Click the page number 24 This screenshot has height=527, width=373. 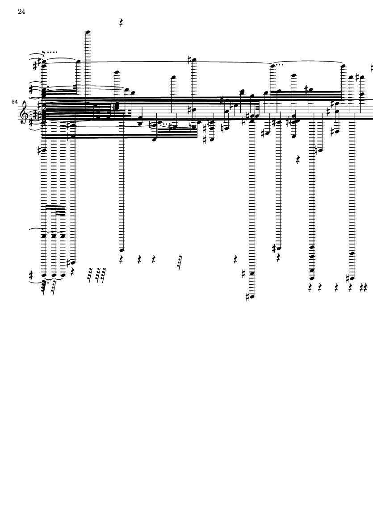(x=21, y=12)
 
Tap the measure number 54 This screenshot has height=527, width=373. (x=14, y=101)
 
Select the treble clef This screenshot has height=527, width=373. (x=24, y=111)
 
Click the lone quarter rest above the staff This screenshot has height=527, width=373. (x=122, y=22)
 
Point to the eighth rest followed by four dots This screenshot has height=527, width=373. (x=50, y=52)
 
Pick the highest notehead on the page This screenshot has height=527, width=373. (x=88, y=32)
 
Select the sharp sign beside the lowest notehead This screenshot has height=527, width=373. (x=247, y=297)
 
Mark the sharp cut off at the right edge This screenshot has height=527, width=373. (x=372, y=68)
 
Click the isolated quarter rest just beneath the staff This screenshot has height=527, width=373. (x=298, y=159)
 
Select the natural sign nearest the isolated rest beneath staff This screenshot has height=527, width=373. (x=316, y=149)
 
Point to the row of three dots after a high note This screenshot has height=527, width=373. (x=280, y=65)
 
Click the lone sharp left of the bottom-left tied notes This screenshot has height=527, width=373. (x=31, y=276)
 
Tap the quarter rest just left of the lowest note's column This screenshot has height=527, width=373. (x=235, y=259)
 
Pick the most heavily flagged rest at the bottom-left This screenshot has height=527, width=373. (x=44, y=288)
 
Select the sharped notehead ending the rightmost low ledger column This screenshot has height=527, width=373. (x=352, y=278)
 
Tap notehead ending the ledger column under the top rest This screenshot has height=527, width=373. (x=122, y=250)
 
